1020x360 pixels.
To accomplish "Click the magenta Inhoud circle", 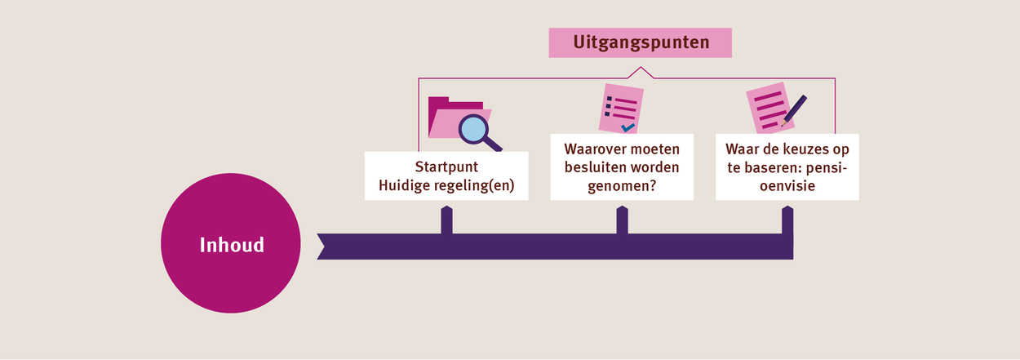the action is click(231, 243).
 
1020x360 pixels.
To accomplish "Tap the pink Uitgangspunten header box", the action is click(641, 42).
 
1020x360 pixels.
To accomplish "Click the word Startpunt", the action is click(446, 167).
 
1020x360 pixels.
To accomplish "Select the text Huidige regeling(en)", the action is click(446, 185).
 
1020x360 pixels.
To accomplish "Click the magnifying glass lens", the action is click(473, 130).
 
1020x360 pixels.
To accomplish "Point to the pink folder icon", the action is click(458, 118).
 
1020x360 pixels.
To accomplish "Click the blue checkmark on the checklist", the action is click(628, 127).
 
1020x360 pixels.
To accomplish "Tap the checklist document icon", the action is click(621, 109).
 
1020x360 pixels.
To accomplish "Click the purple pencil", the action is click(794, 110).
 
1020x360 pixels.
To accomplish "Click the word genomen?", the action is click(622, 186).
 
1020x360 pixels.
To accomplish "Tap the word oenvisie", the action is click(787, 185).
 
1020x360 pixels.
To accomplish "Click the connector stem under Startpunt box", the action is click(446, 220).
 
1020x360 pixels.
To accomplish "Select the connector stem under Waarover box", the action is click(622, 220).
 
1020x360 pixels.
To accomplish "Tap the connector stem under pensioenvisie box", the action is click(787, 220).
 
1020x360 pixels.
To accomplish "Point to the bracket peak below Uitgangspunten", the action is click(641, 68).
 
